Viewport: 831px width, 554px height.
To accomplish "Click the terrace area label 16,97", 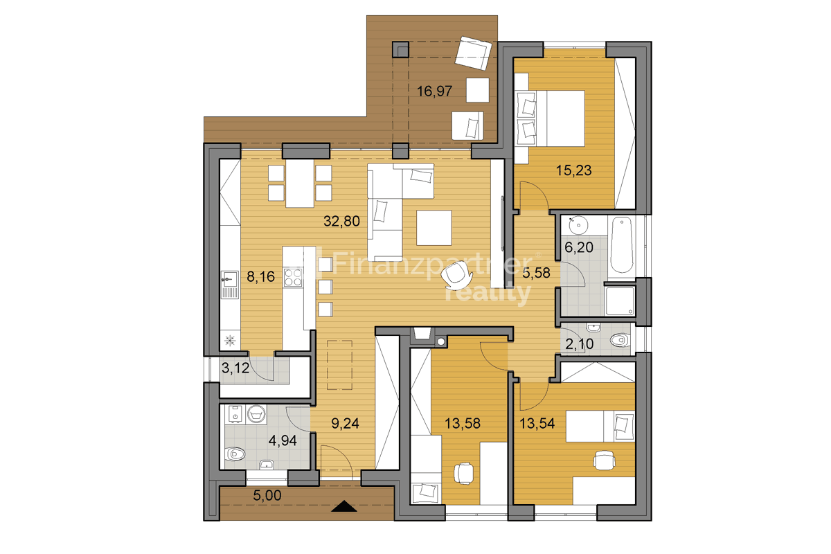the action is [434, 91].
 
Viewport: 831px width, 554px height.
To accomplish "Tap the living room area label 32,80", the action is [341, 221].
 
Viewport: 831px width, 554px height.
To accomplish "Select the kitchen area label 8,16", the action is [261, 277].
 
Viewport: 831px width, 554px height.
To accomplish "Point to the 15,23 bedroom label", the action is [573, 170].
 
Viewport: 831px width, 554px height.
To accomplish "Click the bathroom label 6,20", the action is [579, 247].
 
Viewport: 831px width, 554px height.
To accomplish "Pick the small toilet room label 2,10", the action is [579, 344].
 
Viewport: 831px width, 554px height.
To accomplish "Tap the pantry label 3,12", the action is [235, 368].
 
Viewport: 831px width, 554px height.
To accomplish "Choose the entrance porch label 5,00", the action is [267, 495].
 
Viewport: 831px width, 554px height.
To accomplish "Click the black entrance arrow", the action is [344, 506].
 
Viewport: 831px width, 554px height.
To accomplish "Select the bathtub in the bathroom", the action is [622, 245].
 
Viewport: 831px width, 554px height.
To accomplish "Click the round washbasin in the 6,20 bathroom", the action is [578, 225].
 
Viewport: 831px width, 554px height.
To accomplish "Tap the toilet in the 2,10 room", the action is [620, 340].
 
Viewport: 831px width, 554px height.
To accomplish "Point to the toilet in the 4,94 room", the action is [235, 454].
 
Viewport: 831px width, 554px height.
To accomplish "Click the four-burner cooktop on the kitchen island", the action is [293, 278].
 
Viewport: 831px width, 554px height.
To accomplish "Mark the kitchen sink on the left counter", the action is [230, 285].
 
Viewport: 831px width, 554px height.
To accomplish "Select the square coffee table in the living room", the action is [434, 228].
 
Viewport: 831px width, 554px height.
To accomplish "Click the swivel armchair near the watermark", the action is [456, 276].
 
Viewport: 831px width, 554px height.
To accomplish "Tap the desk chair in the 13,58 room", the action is [464, 474].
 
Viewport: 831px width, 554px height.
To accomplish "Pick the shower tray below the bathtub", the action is [620, 301].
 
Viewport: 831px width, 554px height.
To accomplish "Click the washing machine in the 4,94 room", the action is [256, 414].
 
